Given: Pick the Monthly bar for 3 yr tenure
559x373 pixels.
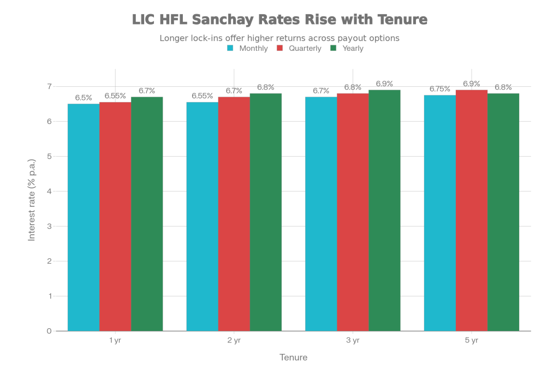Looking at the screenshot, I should [321, 214].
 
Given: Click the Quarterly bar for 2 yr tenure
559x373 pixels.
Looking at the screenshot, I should [234, 214].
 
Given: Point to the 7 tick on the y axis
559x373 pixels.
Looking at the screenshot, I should [49, 86].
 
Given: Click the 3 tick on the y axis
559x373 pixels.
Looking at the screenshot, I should [49, 226].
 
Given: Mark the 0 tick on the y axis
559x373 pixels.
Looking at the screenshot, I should [49, 331].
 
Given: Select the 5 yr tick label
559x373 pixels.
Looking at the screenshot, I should [472, 341].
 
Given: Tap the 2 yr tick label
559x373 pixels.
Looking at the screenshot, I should [234, 341].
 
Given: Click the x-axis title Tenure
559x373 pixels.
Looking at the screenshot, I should [293, 358].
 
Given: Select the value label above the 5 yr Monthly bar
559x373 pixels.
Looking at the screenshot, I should [439, 89].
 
